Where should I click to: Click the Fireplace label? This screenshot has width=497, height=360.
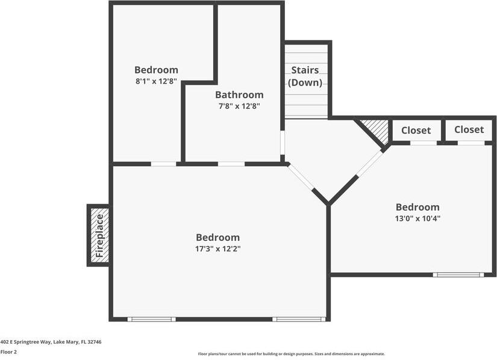click(x=99, y=235)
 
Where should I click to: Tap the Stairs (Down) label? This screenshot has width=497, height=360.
click(x=305, y=76)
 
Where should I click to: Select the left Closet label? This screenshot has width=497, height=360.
click(x=416, y=130)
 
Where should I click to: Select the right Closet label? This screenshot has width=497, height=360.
click(x=469, y=129)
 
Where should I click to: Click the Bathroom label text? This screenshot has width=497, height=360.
click(x=239, y=95)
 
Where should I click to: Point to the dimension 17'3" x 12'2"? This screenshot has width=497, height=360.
click(x=217, y=249)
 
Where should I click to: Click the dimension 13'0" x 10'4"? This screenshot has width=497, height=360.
click(x=417, y=219)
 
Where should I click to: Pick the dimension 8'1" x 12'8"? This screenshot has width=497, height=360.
click(x=156, y=81)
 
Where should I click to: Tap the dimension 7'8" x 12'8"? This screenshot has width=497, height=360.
click(x=239, y=106)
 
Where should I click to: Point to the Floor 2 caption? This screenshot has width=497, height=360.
click(x=8, y=352)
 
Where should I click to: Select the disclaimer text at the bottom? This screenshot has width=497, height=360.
click(x=291, y=354)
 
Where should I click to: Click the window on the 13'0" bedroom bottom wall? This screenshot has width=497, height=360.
click(x=458, y=275)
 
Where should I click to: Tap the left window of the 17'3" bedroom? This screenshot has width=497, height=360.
click(x=151, y=319)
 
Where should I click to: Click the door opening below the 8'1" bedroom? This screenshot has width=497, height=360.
click(x=163, y=164)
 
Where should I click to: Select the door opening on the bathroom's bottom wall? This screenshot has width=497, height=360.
click(x=231, y=164)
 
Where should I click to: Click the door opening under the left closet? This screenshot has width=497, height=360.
click(x=424, y=143)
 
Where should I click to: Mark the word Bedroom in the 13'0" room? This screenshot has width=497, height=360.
click(x=417, y=207)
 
